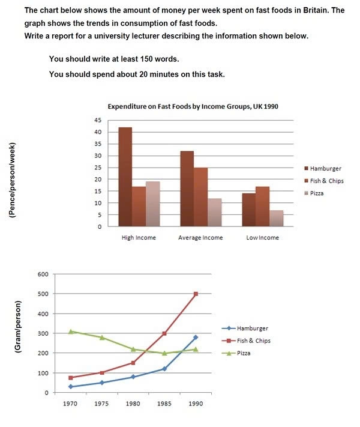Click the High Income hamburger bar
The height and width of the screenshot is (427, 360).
point(125,177)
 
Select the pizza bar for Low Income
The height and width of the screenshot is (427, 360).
point(277,218)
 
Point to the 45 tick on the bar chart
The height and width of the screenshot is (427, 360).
point(97,120)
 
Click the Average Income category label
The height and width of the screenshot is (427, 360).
point(200,237)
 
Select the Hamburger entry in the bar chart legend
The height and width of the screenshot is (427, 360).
point(328,169)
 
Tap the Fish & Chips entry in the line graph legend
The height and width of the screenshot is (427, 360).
point(250,341)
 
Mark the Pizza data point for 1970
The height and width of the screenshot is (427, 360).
point(71,332)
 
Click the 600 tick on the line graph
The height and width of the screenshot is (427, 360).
point(43,274)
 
